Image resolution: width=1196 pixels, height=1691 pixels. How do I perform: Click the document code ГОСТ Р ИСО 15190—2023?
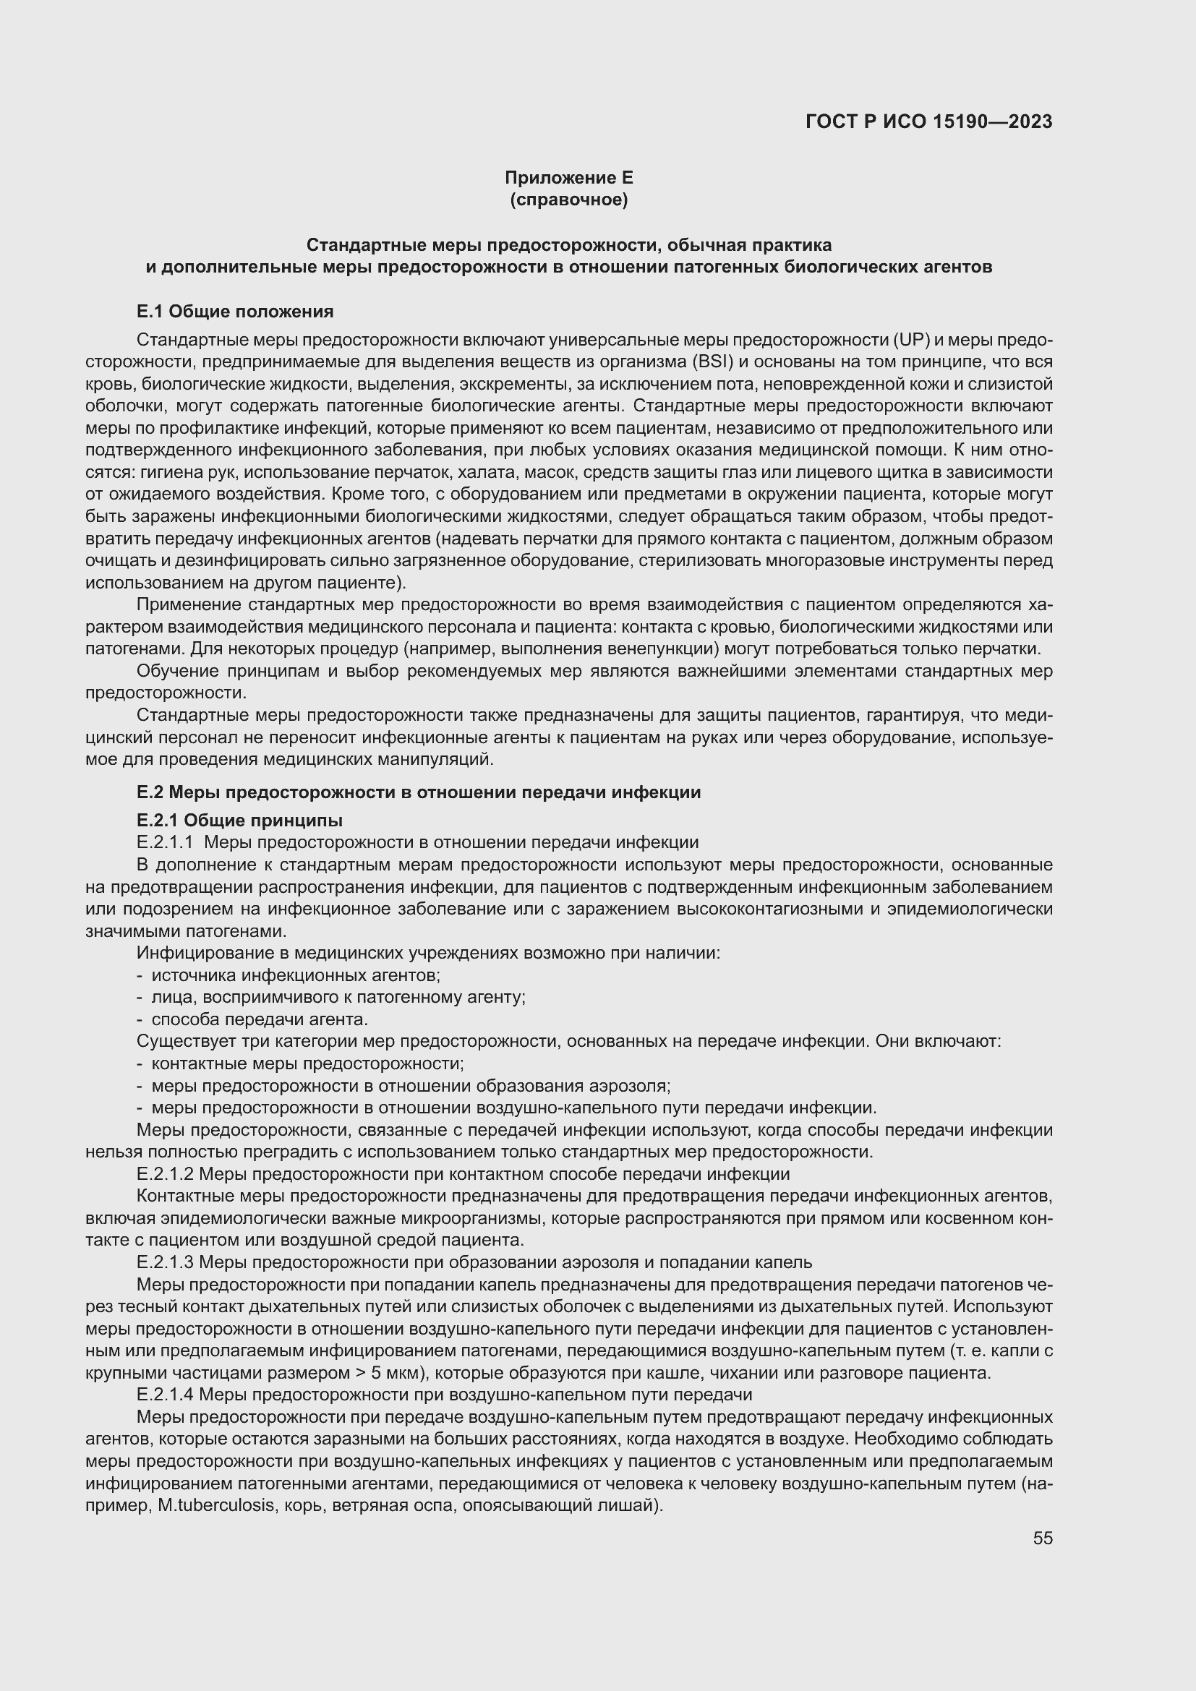tap(928, 121)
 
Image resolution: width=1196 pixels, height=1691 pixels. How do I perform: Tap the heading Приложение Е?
tap(568, 178)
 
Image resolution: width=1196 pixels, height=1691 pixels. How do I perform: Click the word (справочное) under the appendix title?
tap(568, 200)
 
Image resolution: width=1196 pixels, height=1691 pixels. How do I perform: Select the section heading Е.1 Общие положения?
tap(235, 312)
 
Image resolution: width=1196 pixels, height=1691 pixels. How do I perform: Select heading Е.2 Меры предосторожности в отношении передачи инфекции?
tap(418, 792)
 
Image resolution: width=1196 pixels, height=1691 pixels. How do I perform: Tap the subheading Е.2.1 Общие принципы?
tap(239, 820)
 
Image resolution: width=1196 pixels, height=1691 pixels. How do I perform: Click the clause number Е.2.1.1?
tap(164, 842)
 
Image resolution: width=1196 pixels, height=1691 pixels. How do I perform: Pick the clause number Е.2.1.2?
tap(164, 1174)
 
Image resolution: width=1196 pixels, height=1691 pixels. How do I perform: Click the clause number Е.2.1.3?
tap(164, 1262)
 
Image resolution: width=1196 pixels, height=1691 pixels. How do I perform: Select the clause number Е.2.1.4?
tap(164, 1395)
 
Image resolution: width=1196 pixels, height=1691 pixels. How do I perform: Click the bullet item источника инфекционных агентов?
tap(295, 975)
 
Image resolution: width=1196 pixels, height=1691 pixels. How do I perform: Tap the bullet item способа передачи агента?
tap(260, 1019)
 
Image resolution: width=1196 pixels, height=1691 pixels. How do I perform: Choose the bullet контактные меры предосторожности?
tap(307, 1063)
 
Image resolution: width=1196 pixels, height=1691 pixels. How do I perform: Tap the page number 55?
tap(1042, 1538)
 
